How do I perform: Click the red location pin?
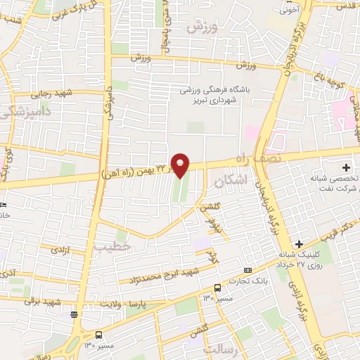[181, 165]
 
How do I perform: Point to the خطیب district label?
[113, 247]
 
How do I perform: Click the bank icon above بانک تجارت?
[247, 270]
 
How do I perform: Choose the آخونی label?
[289, 10]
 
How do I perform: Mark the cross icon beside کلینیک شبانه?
[299, 243]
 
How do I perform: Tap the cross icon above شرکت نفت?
[346, 167]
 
